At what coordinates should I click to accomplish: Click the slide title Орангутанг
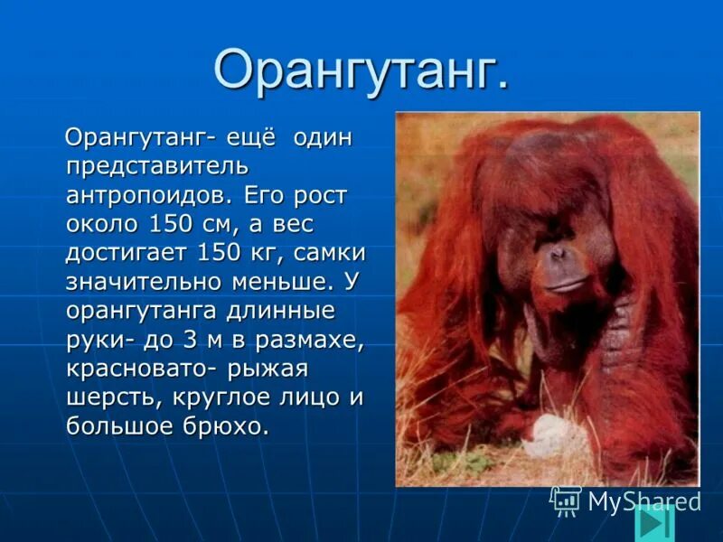coord(361,70)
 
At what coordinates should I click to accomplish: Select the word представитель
coord(157,167)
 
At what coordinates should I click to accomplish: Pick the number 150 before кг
coord(219,253)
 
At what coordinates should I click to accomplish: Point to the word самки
coord(329,253)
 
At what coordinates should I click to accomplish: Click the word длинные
coord(280,311)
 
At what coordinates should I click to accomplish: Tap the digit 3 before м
coord(190,340)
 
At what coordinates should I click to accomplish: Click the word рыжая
coord(267,370)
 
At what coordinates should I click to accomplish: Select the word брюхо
coord(225,426)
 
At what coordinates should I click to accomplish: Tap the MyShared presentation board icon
coord(566,500)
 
